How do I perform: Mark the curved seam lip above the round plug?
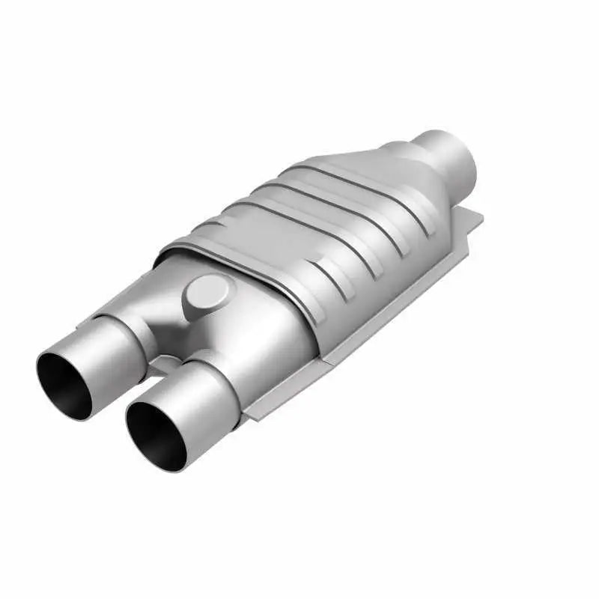click(225, 255)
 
